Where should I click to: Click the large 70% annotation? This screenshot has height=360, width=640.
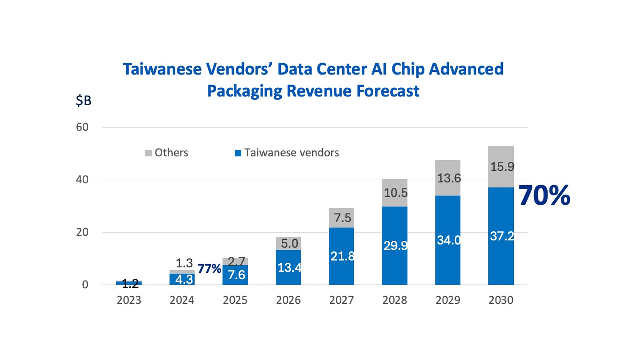(544, 195)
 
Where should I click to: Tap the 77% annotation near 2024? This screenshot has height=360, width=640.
(209, 268)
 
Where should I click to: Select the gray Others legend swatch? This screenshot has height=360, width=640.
(148, 153)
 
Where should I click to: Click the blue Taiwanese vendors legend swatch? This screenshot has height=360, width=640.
(238, 153)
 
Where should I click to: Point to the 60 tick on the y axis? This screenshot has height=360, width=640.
(82, 127)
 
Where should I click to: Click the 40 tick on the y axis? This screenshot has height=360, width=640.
(82, 180)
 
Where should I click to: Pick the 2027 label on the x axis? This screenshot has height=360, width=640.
(341, 300)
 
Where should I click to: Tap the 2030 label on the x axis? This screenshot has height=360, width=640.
(501, 300)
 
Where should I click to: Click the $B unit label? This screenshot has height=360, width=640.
(83, 100)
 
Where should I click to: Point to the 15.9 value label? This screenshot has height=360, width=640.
(502, 167)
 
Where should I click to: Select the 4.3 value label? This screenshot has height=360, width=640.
(184, 279)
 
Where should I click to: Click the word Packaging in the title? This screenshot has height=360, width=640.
(244, 91)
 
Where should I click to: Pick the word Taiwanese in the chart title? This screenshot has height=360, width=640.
(162, 69)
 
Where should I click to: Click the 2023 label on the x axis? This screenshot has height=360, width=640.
(129, 300)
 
